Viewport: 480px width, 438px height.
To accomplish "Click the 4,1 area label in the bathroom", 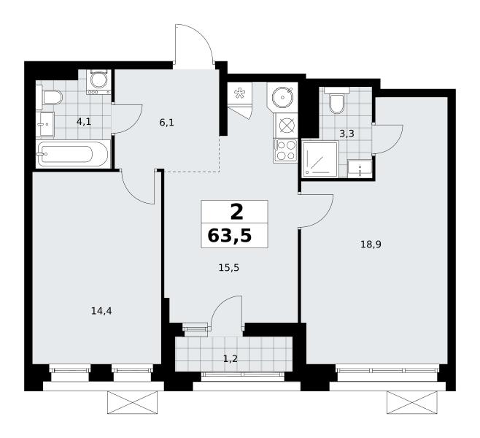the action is (84, 122).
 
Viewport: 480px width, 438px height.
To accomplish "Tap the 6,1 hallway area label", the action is (166, 123).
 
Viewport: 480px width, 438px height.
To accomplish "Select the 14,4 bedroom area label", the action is (101, 311).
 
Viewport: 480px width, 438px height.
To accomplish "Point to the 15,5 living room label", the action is (228, 268).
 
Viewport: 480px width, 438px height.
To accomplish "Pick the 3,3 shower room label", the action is (347, 134).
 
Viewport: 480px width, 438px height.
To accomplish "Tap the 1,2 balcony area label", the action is (231, 358).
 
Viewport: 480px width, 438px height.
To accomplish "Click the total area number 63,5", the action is (230, 236).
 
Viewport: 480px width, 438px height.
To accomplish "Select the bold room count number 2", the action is (236, 212).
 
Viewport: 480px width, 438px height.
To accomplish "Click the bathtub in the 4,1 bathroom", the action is (73, 154).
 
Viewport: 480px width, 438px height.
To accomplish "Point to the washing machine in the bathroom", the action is (98, 82).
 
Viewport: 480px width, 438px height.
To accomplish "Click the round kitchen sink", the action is (282, 97).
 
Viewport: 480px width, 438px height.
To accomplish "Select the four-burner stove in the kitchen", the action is (285, 150).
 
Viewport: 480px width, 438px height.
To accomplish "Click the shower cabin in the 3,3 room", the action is (320, 159).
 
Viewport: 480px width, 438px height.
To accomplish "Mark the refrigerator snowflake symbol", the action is (239, 93).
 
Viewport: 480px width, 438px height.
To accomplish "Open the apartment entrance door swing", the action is (193, 43).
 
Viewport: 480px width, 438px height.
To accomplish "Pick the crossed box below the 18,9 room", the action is (412, 402).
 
